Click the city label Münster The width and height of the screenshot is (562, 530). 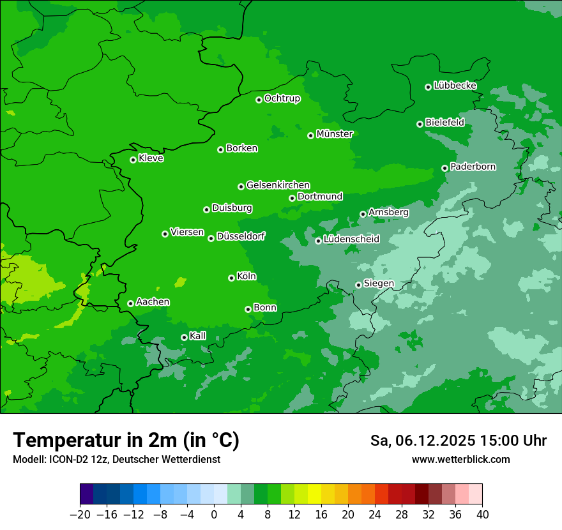pos(335,134)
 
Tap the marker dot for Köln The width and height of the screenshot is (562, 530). pos(231,278)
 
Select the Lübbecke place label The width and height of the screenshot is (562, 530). pos(455,86)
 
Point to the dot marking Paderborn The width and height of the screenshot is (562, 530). pos(444,168)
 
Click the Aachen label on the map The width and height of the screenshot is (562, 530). pos(153,301)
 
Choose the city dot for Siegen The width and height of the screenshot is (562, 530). pos(358,285)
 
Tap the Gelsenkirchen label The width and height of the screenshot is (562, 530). pos(278,185)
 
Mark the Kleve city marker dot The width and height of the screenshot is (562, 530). pos(133,160)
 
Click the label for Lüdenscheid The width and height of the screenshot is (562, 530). pos(351,239)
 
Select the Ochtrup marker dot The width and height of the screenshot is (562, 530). pos(259,100)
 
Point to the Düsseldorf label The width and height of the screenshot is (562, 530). pos(241,236)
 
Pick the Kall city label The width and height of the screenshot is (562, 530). pos(198,336)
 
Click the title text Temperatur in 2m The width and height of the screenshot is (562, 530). pos(126,440)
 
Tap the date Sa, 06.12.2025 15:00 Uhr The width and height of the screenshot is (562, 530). pos(458,441)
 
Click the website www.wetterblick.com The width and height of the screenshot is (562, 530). pos(460,459)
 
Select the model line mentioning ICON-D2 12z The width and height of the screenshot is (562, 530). pos(116,459)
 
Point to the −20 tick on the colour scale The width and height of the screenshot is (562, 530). pos(80,515)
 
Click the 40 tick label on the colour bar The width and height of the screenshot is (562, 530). pos(482,515)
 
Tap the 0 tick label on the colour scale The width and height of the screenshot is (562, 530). pos(214,515)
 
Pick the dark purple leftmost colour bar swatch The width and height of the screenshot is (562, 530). pos(86,494)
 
